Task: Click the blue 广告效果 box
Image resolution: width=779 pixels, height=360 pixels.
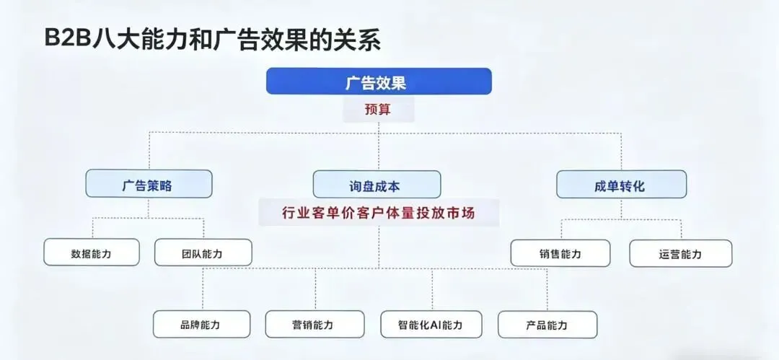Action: (379, 82)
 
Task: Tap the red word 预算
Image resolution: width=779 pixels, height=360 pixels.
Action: (379, 110)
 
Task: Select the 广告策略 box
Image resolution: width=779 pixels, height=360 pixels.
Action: (149, 185)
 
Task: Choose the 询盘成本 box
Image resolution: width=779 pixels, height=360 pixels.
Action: (377, 185)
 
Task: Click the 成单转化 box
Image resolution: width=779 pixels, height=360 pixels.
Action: (621, 185)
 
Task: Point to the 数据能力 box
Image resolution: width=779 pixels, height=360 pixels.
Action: (92, 253)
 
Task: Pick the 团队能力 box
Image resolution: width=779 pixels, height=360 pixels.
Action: (203, 253)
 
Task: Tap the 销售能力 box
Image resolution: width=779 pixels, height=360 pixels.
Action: (560, 253)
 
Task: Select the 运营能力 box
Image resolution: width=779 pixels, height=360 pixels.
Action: (680, 254)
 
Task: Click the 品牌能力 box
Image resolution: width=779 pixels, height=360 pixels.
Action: (201, 325)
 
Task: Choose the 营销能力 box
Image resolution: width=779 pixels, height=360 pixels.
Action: (314, 325)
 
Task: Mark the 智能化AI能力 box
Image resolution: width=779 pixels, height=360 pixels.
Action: (431, 325)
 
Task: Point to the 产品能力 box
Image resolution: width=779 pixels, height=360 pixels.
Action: (547, 325)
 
